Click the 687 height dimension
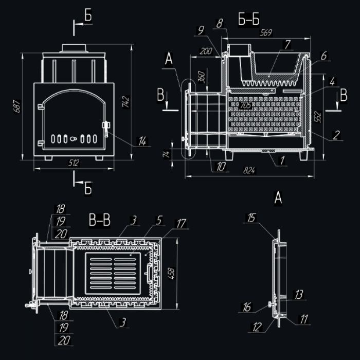point(17,106)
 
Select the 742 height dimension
point(126,102)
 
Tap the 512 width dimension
point(74,163)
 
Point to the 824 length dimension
point(249,170)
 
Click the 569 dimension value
point(266,32)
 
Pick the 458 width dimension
point(171,273)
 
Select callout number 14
point(142,141)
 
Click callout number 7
point(287,45)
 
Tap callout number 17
point(181,223)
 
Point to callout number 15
point(251,218)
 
